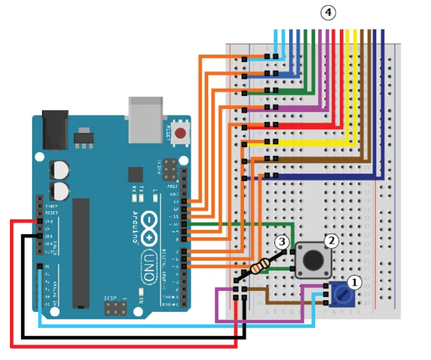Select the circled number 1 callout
(x=354, y=282)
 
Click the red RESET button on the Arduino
(x=181, y=133)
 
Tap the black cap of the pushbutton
(x=313, y=260)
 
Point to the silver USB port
(x=146, y=119)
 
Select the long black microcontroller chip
(x=81, y=253)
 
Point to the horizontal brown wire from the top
(x=322, y=159)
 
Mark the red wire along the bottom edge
(x=124, y=345)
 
